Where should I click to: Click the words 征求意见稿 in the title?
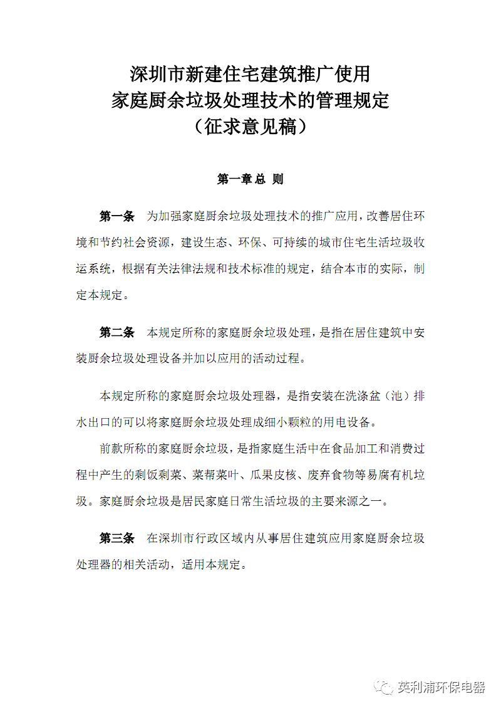coord(250,127)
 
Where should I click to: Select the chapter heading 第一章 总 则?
coord(250,179)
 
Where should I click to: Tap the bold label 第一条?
coord(117,217)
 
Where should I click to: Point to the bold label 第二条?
coord(117,333)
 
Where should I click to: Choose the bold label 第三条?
coord(117,538)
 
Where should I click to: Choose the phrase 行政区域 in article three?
coord(222,538)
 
